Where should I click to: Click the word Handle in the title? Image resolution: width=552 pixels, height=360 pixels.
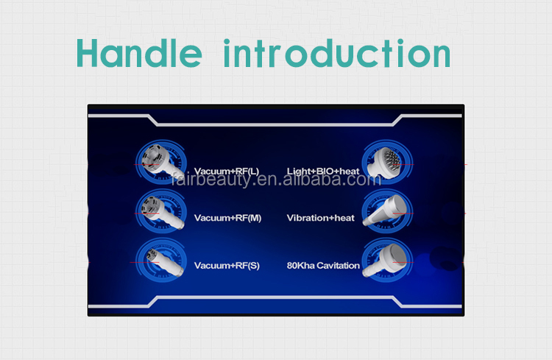139,53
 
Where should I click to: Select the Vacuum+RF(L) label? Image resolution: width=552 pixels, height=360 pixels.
227,172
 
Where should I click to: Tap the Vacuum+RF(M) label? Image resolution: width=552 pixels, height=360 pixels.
227,218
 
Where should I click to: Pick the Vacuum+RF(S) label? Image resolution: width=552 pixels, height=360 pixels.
227,265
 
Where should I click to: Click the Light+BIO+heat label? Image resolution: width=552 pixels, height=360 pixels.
323,172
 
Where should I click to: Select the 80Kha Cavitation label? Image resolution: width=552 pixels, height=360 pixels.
323,265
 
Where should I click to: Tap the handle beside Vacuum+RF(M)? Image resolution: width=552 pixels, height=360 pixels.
157,209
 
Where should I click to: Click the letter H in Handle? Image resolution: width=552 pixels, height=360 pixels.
91,53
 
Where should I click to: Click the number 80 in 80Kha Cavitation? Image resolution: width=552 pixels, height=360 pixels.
291,265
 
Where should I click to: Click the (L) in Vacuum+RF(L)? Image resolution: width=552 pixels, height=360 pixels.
253,172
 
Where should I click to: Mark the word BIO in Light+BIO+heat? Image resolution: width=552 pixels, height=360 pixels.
321,172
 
